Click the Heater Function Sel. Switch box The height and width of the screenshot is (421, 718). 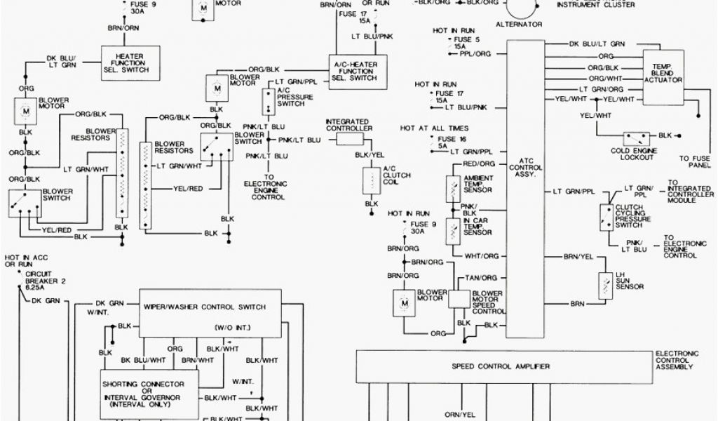[x=127, y=65]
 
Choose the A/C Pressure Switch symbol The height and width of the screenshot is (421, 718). [x=269, y=102]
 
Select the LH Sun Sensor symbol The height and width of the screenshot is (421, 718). [x=603, y=283]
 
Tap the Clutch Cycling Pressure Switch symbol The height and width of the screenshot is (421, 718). [x=604, y=217]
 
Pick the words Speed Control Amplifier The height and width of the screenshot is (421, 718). [x=500, y=366]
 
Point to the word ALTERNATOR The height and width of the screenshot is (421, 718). [x=520, y=25]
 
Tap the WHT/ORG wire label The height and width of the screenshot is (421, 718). [x=482, y=256]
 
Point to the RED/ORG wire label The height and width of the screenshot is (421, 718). [x=479, y=163]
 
